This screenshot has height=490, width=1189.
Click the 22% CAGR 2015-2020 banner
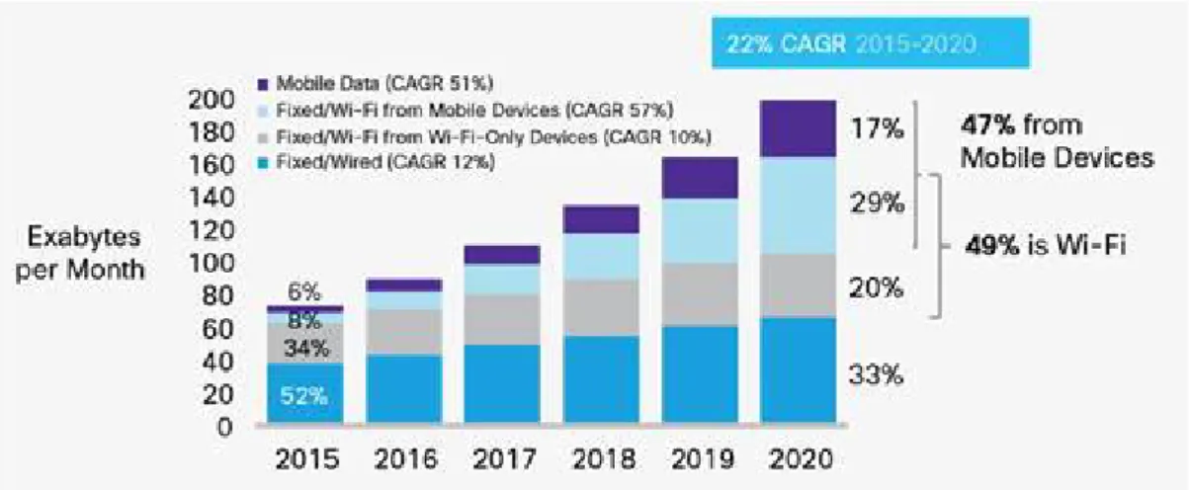[871, 42]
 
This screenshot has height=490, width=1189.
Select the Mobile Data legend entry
[376, 83]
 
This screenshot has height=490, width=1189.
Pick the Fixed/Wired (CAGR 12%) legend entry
[377, 161]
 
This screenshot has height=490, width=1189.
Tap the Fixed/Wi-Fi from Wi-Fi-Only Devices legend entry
[484, 136]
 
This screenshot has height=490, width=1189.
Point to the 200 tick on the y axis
[212, 99]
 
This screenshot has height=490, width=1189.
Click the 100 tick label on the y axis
[212, 263]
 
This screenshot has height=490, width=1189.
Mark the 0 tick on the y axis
[225, 427]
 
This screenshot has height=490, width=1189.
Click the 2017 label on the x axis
[504, 458]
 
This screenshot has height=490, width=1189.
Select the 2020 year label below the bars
[801, 458]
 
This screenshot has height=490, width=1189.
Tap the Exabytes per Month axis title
[81, 253]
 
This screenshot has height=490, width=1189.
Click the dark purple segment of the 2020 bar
[798, 128]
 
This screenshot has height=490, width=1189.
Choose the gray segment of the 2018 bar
[601, 307]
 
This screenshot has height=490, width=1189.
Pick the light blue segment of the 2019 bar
[700, 231]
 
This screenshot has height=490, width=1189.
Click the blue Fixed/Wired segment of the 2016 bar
[404, 388]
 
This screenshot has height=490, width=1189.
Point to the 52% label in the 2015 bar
[303, 395]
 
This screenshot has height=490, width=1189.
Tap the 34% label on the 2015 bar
[306, 349]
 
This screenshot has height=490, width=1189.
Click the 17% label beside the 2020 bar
[877, 128]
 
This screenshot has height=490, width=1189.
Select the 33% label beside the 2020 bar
[876, 375]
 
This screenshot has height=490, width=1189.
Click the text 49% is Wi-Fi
[1045, 246]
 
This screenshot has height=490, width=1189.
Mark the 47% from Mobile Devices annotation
[1058, 141]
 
